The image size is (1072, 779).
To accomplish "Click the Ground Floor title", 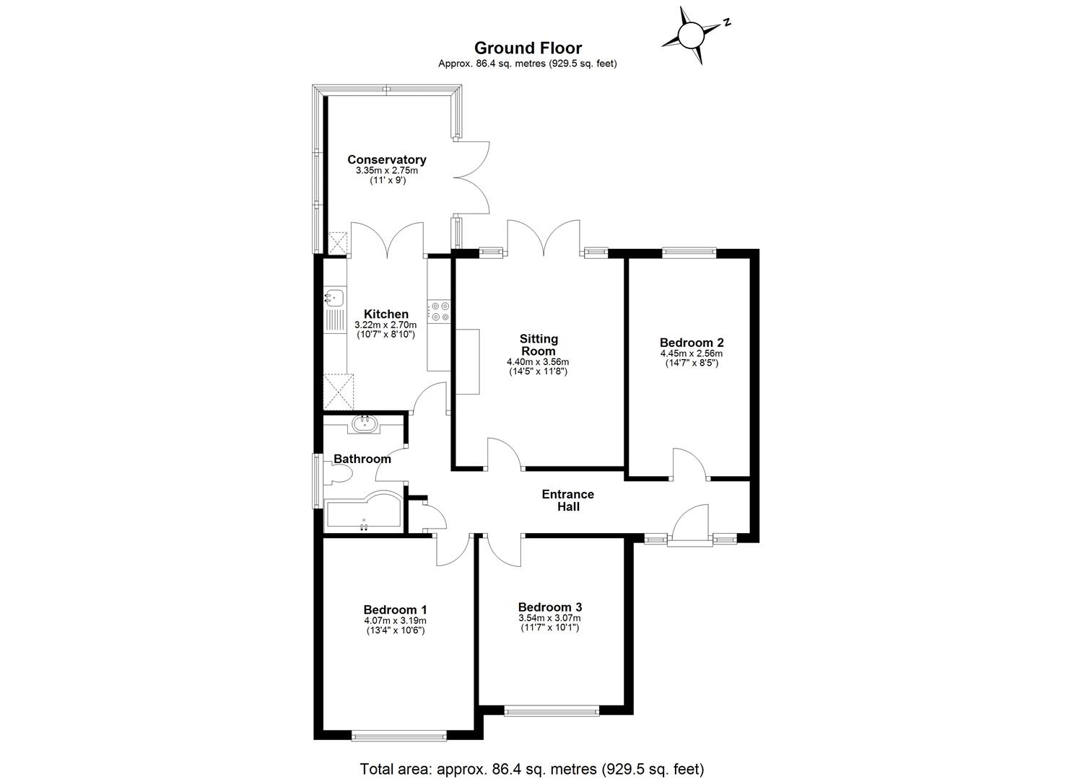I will coord(528,48).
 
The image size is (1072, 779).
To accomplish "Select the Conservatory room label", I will coord(386,159).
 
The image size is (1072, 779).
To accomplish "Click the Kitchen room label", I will coord(385,314).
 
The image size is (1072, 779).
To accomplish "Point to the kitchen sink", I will coord(335,296).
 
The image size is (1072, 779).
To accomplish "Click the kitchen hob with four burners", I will coord(439,312).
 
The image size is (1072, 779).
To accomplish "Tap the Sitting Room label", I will coord(539,345).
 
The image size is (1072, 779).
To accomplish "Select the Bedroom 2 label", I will coord(691,343).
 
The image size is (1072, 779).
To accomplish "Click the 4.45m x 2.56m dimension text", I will coord(691,353).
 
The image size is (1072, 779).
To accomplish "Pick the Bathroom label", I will coord(362,459).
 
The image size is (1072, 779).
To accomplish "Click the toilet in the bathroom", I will coord(338,474).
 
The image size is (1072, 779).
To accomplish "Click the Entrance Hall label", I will coord(567,500).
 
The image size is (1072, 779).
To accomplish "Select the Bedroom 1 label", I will coord(395,609).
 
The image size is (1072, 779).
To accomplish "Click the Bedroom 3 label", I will coord(549,607).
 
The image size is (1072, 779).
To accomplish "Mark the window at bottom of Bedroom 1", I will coord(399,736).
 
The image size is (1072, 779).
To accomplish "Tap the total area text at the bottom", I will coord(531,768).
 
